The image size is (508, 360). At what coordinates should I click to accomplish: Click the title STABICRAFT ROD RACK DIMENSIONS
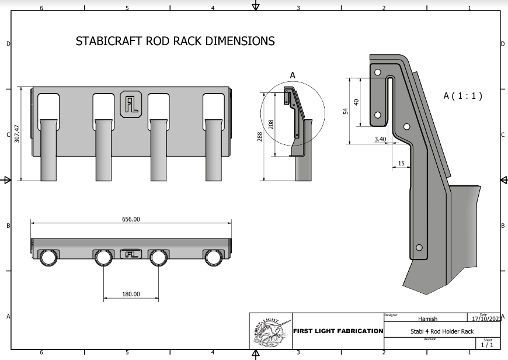[x=175, y=41]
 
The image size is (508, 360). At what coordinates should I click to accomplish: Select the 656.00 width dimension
[x=131, y=219]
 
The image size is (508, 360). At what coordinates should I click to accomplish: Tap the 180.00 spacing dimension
[x=130, y=294]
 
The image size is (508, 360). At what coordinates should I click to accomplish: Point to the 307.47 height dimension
[x=18, y=134]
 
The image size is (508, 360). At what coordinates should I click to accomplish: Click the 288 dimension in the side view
[x=260, y=136]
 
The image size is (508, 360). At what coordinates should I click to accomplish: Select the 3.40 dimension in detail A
[x=380, y=139]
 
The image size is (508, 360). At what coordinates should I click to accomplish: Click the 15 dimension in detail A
[x=401, y=163]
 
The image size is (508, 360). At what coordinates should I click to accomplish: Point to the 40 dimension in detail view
[x=356, y=101]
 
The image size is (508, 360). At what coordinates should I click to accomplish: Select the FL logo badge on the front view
[x=130, y=104]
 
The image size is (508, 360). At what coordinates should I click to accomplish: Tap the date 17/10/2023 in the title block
[x=485, y=319]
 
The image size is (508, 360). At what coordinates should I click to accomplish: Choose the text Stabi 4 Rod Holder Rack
[x=442, y=331]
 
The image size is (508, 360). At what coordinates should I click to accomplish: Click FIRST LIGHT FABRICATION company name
[x=337, y=331]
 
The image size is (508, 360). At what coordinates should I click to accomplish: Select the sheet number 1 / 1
[x=486, y=345]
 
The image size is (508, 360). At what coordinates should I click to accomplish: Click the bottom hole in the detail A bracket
[x=417, y=248]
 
